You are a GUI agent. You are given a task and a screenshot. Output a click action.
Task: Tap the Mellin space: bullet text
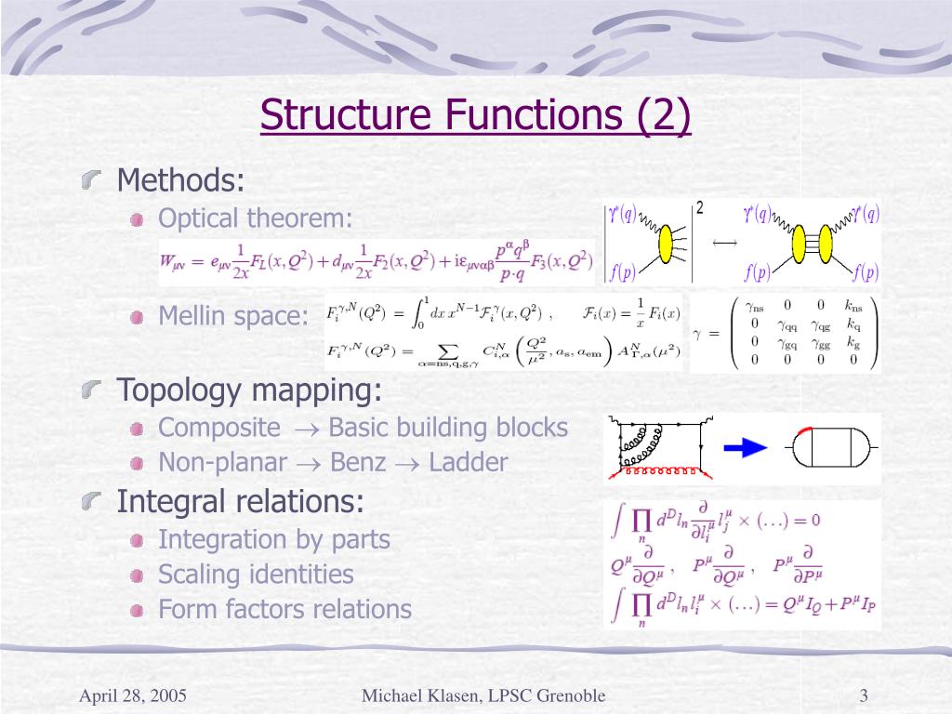point(232,316)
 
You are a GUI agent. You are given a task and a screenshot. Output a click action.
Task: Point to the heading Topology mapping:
point(249,390)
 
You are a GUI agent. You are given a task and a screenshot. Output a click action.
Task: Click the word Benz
point(358,462)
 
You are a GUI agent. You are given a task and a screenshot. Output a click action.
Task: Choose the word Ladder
point(469,462)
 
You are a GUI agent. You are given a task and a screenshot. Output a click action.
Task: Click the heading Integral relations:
point(241,502)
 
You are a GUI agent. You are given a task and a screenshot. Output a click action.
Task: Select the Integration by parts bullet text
point(274,539)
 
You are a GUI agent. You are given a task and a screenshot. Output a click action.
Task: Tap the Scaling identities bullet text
point(256,575)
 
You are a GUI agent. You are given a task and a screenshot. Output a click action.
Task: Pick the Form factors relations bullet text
point(284,610)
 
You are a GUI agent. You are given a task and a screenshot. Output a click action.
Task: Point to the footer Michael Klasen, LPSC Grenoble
point(483,695)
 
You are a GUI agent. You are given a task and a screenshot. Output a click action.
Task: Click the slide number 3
point(864,695)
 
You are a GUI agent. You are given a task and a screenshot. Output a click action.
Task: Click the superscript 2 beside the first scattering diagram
point(699,207)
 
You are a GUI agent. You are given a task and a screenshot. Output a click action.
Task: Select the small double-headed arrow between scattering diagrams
point(724,243)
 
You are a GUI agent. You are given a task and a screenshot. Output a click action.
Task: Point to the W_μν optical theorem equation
point(377,261)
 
